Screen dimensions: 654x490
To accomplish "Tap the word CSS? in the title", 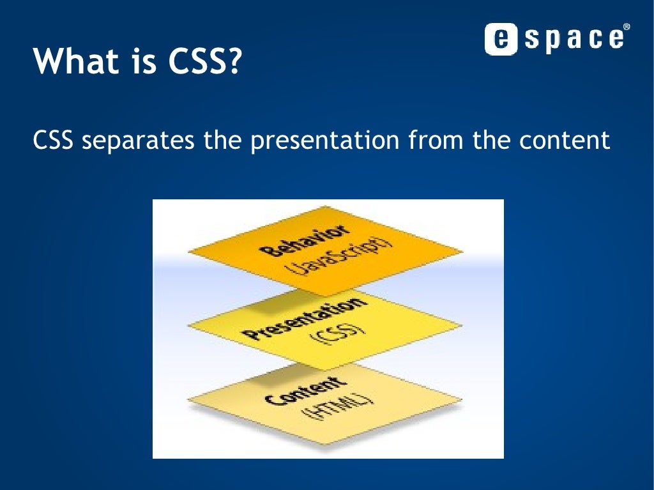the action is (205, 61).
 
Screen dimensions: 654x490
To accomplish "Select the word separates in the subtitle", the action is (138, 141).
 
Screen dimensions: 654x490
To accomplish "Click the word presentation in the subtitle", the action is (325, 141).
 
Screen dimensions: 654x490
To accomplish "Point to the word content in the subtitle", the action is (565, 140).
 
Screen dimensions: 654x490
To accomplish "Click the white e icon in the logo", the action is (501, 39).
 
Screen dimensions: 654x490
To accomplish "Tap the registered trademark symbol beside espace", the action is (627, 27).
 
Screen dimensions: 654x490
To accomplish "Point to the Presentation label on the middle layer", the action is (305, 318).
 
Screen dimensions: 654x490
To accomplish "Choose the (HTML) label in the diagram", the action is (338, 408).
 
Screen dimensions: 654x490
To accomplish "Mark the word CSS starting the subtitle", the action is (53, 140).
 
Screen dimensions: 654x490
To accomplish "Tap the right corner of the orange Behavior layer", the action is (463, 251).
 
